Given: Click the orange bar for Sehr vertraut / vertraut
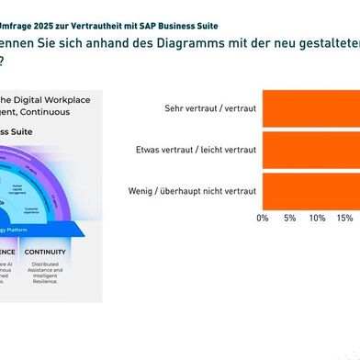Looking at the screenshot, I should click(311, 108).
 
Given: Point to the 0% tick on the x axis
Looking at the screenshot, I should click(263, 219).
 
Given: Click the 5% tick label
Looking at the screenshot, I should click(289, 219).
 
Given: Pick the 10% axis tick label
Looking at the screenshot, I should click(317, 219).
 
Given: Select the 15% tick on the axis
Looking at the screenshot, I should click(344, 219).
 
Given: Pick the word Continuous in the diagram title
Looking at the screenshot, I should click(62, 112).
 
